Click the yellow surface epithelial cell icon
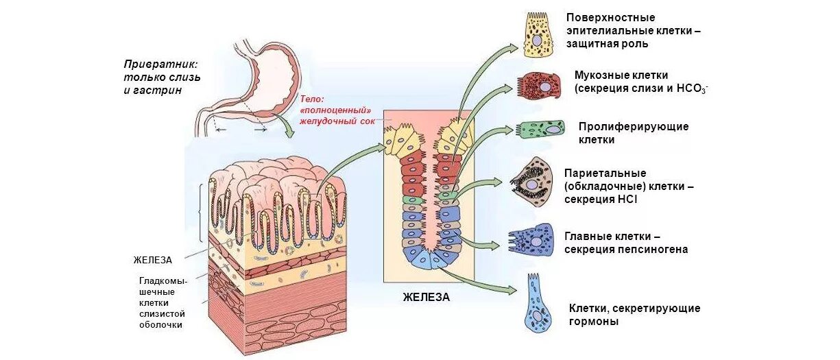(x=538, y=35)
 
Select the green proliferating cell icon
(x=540, y=130)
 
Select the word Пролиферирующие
(x=634, y=127)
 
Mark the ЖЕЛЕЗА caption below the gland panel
(x=427, y=297)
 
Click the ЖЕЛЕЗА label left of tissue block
(x=153, y=260)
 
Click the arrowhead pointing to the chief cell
(x=495, y=244)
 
